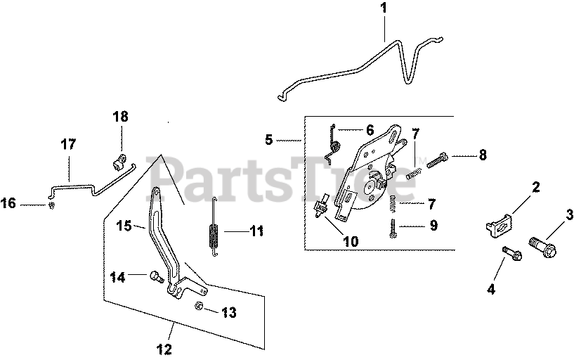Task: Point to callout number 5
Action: [x=269, y=139]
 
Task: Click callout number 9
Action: [x=433, y=226]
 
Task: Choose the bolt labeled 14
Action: [x=156, y=278]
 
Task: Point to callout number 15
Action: [x=124, y=226]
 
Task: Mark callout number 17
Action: [x=68, y=145]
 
